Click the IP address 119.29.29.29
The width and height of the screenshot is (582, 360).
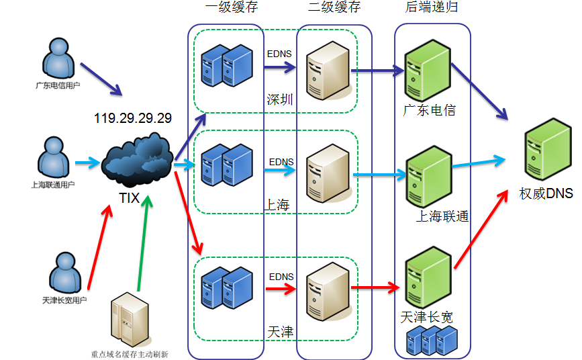click(x=133, y=118)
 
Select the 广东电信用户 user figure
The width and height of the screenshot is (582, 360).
click(x=58, y=58)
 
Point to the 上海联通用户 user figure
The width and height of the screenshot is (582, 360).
click(x=54, y=157)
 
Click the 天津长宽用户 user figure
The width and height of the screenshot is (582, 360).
click(x=65, y=273)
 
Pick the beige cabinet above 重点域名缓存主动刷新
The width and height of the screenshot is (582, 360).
click(x=130, y=320)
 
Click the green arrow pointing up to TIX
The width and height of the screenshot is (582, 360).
click(x=143, y=243)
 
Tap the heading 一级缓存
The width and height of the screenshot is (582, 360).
click(x=232, y=7)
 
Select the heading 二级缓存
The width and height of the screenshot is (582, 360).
click(x=334, y=7)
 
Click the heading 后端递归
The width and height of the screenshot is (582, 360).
click(x=432, y=7)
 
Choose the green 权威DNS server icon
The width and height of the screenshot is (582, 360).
click(x=548, y=149)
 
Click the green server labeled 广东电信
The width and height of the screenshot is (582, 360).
click(x=428, y=71)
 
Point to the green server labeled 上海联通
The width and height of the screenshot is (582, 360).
click(x=429, y=177)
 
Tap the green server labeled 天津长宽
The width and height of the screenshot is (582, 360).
click(x=428, y=277)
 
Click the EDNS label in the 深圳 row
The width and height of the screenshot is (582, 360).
click(x=279, y=54)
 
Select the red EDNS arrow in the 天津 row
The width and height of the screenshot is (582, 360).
click(x=281, y=289)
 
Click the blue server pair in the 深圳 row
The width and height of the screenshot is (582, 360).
click(x=227, y=66)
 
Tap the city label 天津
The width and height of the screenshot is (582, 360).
click(x=281, y=332)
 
